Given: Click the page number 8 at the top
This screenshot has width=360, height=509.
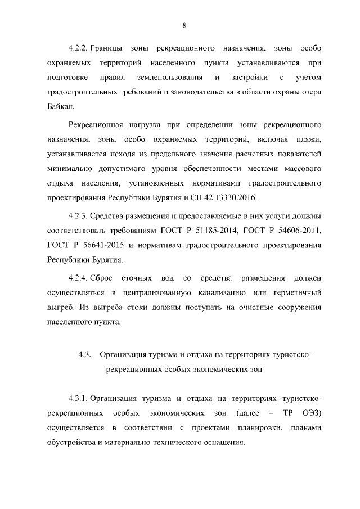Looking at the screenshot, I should (x=184, y=25).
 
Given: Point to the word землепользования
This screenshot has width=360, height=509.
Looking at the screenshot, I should (x=169, y=77).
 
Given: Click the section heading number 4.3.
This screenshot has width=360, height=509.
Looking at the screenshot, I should (x=85, y=355).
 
